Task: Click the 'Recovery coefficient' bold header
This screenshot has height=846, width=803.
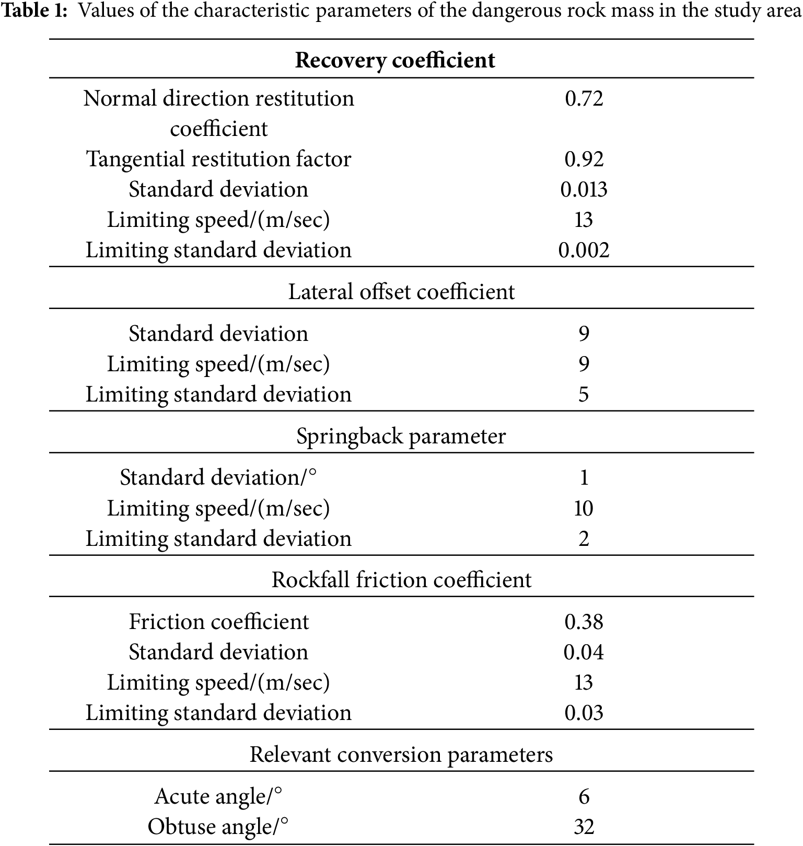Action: (x=395, y=60)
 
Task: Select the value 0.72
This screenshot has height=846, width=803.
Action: (x=584, y=98)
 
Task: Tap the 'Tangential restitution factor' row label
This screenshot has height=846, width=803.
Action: (x=218, y=159)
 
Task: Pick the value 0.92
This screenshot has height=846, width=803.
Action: (x=584, y=159)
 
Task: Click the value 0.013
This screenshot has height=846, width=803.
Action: (x=584, y=189)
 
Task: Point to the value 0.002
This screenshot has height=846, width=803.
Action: (x=584, y=250)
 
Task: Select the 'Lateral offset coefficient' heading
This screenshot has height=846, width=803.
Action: (x=401, y=292)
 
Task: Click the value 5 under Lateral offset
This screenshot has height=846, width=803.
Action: (x=584, y=394)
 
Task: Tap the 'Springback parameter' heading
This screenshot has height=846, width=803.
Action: (x=401, y=436)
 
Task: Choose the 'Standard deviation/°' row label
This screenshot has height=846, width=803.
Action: (x=218, y=477)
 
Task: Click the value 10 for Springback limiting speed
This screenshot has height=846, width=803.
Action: (x=584, y=508)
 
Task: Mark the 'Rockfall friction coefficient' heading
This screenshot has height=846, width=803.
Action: (x=401, y=580)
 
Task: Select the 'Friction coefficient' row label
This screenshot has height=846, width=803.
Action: (x=218, y=622)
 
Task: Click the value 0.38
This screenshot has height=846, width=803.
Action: (x=584, y=622)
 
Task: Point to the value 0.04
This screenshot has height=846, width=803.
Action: (x=584, y=652)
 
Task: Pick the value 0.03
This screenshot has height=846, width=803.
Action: (x=584, y=713)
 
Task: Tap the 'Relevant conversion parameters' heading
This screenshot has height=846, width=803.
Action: (x=401, y=754)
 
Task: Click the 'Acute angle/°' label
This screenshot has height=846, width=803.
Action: (x=218, y=796)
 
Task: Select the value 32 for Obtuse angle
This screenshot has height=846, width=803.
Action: (x=584, y=827)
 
